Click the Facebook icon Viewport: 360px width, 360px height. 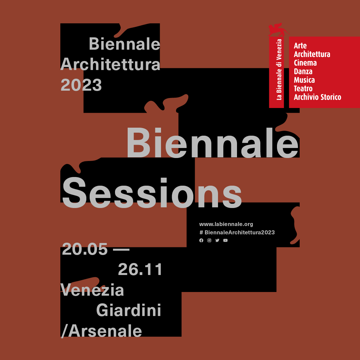(x=201, y=240)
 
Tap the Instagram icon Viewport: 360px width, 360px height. (x=209, y=240)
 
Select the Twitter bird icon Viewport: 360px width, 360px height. (x=217, y=240)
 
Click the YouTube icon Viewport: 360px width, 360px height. (x=225, y=240)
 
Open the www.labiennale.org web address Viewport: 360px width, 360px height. (x=226, y=224)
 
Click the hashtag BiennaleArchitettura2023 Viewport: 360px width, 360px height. (x=237, y=232)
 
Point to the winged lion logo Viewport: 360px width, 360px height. (x=279, y=29)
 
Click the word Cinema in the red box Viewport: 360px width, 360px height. (x=305, y=63)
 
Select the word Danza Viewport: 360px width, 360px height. (x=303, y=71)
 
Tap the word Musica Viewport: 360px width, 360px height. (x=304, y=80)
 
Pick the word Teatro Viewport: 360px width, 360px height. (x=303, y=88)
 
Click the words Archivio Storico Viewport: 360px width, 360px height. (x=318, y=97)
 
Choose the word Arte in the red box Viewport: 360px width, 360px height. (x=300, y=45)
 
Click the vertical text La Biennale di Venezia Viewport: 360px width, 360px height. (x=279, y=70)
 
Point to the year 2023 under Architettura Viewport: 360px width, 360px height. (x=81, y=85)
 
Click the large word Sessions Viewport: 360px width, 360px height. (x=152, y=193)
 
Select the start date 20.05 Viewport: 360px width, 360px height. (x=85, y=249)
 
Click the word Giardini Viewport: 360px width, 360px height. (x=129, y=310)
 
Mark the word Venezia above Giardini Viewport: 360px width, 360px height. (x=92, y=290)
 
